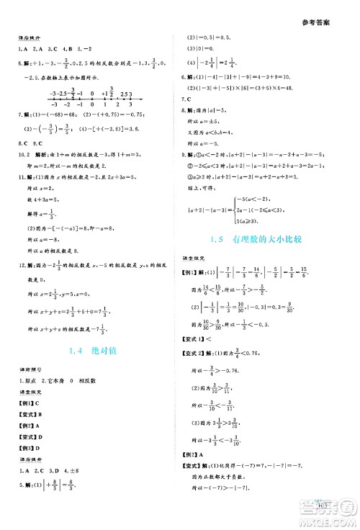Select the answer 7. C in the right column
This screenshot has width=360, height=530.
pyautogui.click(x=190, y=98)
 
